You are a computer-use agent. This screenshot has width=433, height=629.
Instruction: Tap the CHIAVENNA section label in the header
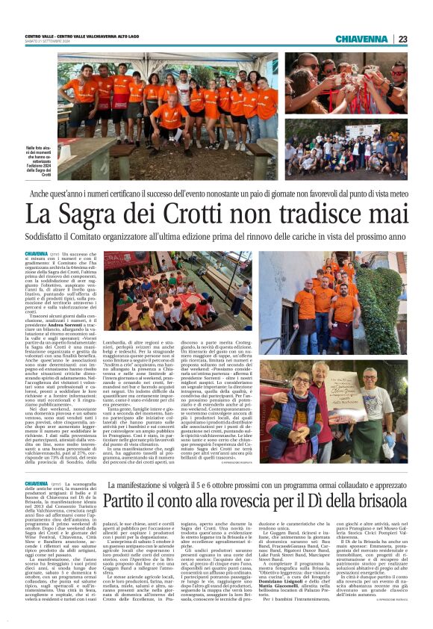click(x=361, y=39)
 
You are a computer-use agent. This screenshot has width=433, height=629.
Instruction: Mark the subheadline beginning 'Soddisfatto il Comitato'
click(x=216, y=237)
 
